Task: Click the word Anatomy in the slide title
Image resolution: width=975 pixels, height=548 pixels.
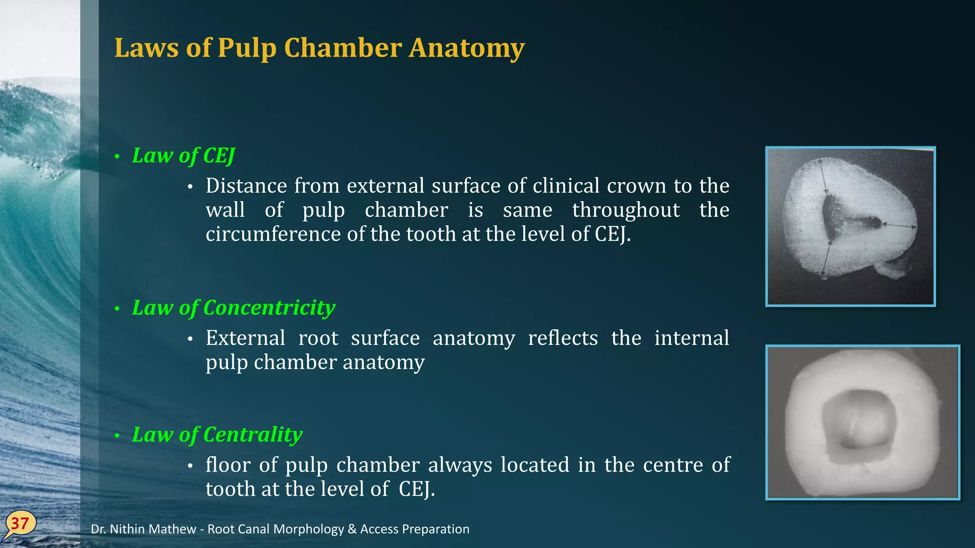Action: click(467, 48)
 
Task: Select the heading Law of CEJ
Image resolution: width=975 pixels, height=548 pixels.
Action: click(183, 156)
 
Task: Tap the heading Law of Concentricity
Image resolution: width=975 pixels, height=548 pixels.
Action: click(233, 308)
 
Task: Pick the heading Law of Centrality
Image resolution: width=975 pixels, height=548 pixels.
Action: click(217, 435)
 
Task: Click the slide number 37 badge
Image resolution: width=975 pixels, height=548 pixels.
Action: click(20, 524)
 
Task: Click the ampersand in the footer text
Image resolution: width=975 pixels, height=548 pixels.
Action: click(352, 529)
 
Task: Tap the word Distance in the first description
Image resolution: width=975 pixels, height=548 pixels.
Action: click(246, 186)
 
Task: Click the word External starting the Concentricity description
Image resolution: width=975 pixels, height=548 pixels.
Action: click(245, 338)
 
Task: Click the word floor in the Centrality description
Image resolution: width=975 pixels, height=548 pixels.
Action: click(228, 465)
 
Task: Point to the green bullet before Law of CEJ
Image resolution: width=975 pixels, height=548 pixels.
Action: click(117, 157)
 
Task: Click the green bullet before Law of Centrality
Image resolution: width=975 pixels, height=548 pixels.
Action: click(117, 436)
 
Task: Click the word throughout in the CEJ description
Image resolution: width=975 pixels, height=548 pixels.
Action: click(626, 210)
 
